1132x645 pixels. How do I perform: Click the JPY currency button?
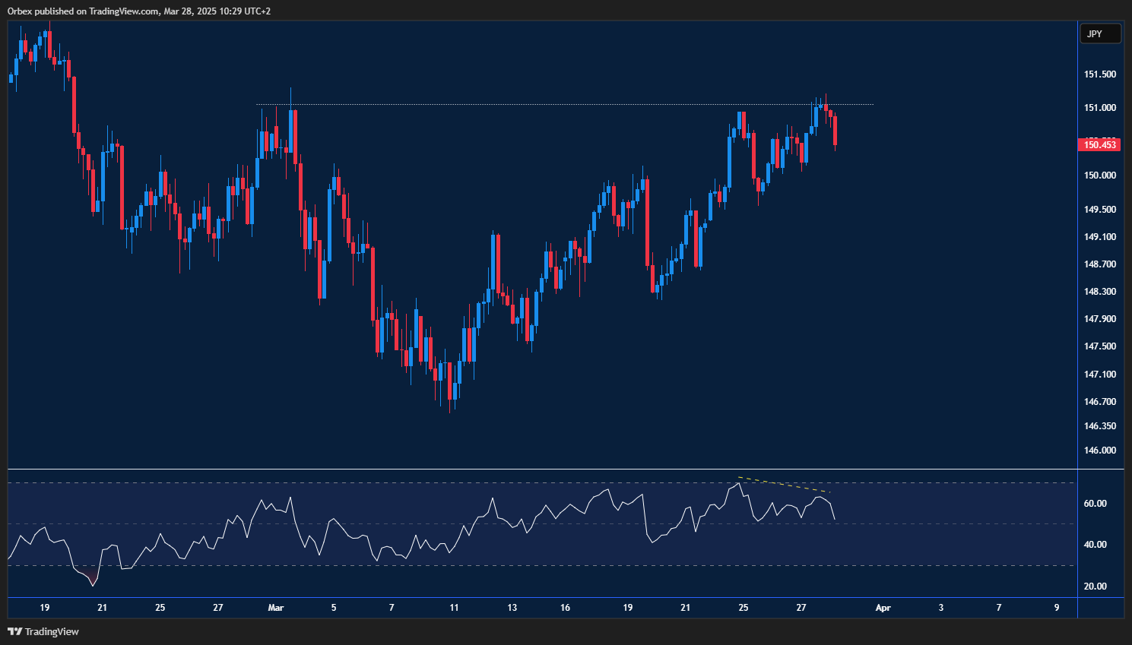pos(1100,33)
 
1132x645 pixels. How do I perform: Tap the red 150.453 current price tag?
pos(1099,144)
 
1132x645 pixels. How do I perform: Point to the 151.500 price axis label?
pos(1099,74)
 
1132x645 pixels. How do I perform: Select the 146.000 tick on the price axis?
pos(1099,451)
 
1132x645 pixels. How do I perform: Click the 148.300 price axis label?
pos(1099,292)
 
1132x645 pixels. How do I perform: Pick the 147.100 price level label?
pos(1099,375)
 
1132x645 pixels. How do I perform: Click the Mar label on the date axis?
pos(276,608)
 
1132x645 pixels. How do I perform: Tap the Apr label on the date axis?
pos(883,608)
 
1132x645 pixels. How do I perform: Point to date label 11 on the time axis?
pos(454,608)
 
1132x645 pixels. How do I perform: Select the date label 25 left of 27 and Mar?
pos(160,608)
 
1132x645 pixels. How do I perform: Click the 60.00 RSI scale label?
pos(1095,504)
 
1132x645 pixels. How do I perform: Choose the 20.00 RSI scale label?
pos(1095,587)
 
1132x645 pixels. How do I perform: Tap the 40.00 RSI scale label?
pos(1095,545)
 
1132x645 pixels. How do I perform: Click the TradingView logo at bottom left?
pos(43,631)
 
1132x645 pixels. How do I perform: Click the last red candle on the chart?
pos(835,130)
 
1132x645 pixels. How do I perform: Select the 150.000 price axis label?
pos(1099,175)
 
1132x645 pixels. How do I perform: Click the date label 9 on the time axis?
pos(1057,608)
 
